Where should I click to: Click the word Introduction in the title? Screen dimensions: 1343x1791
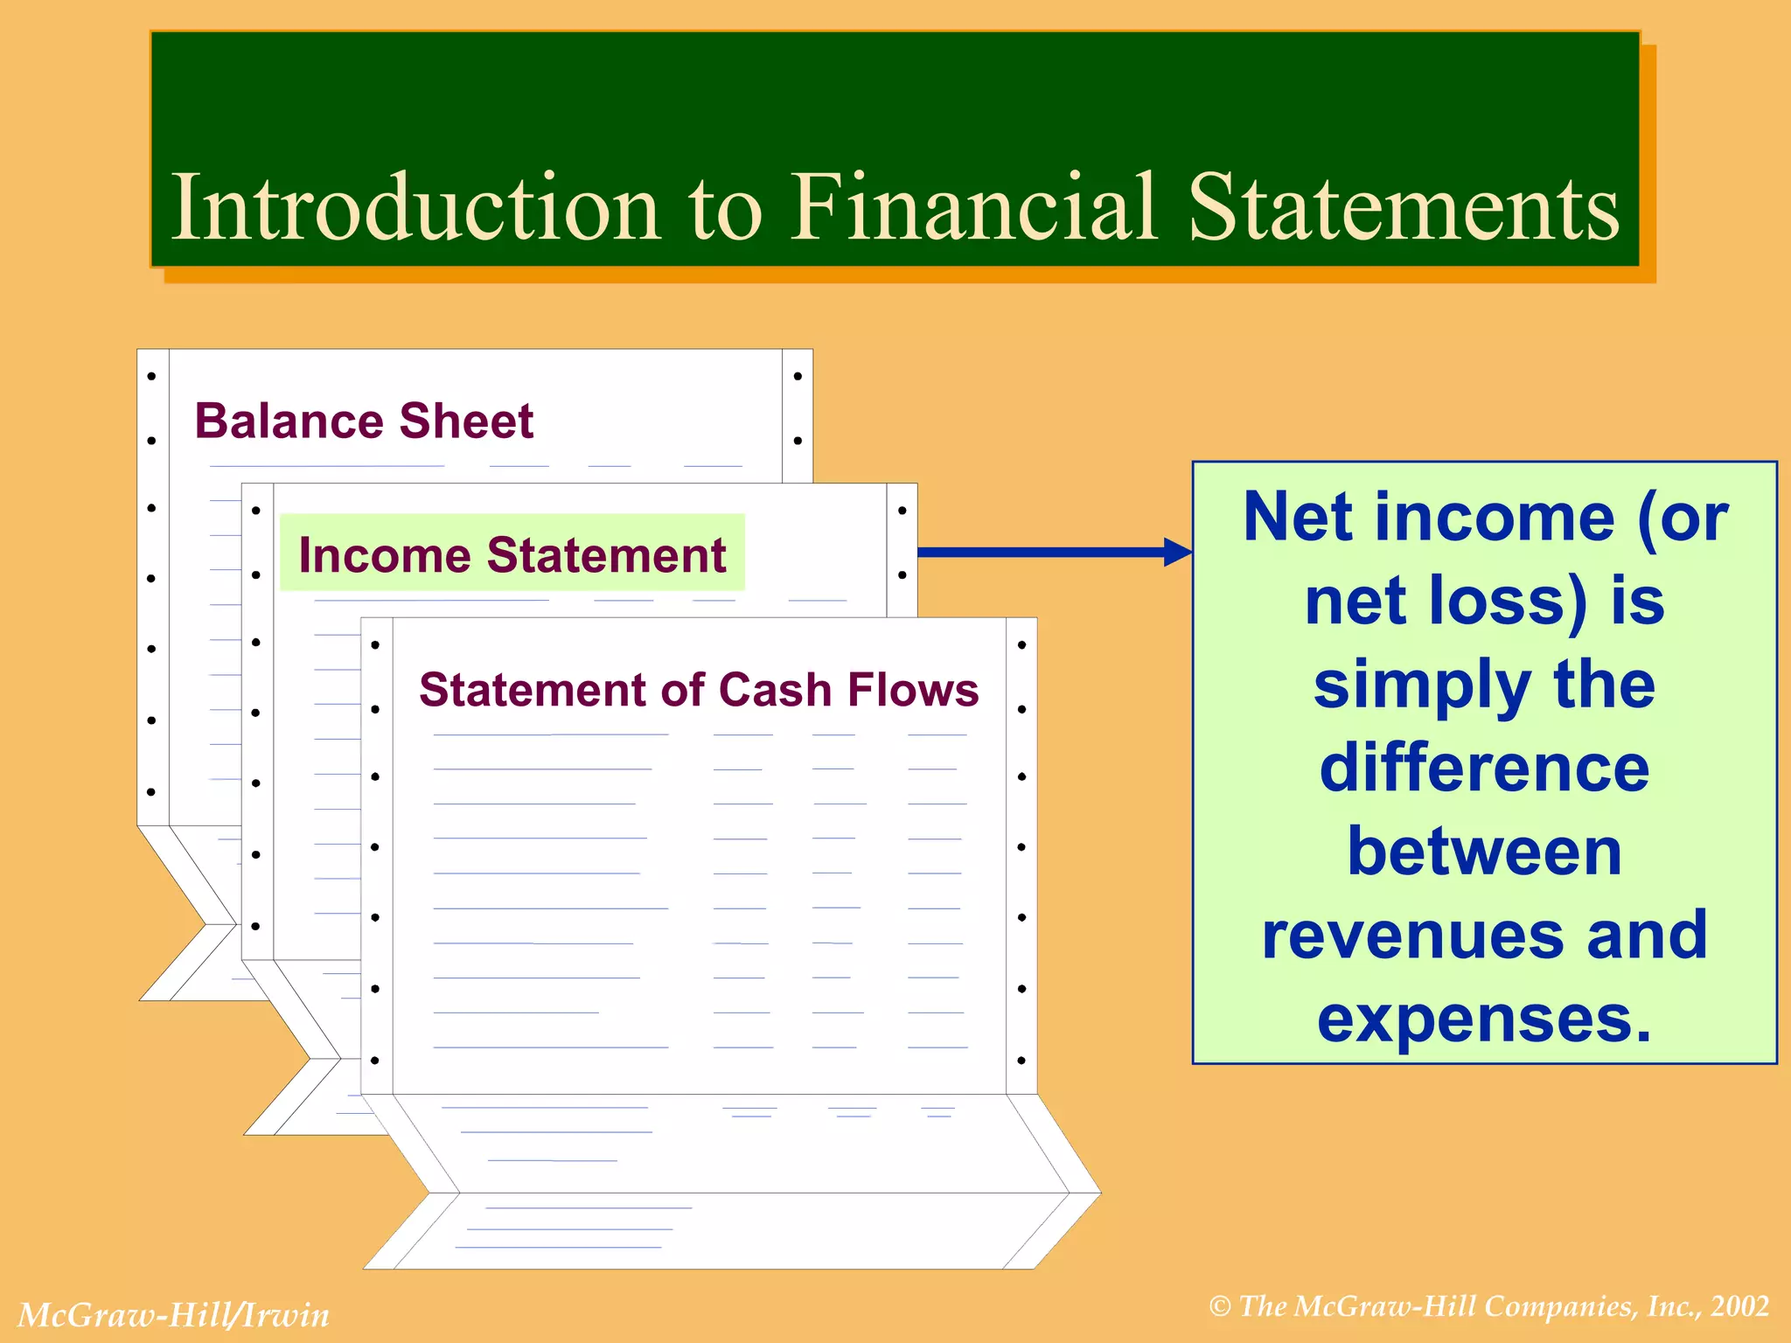coord(415,207)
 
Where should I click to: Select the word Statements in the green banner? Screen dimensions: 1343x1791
coord(1403,207)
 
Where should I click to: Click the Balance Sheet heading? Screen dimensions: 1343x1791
coord(363,421)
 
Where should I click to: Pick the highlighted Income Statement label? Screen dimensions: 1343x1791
coord(512,554)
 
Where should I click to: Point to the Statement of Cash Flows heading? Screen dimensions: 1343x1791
coord(698,690)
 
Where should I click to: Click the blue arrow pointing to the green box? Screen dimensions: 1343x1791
coord(1054,552)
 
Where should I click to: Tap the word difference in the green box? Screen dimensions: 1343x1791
coord(1484,768)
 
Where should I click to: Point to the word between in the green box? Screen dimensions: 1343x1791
coord(1484,852)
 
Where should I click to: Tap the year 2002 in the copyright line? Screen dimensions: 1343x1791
coord(1740,1306)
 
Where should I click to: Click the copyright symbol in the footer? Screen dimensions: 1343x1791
coord(1220,1307)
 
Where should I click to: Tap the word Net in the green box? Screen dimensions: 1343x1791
coord(1298,518)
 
